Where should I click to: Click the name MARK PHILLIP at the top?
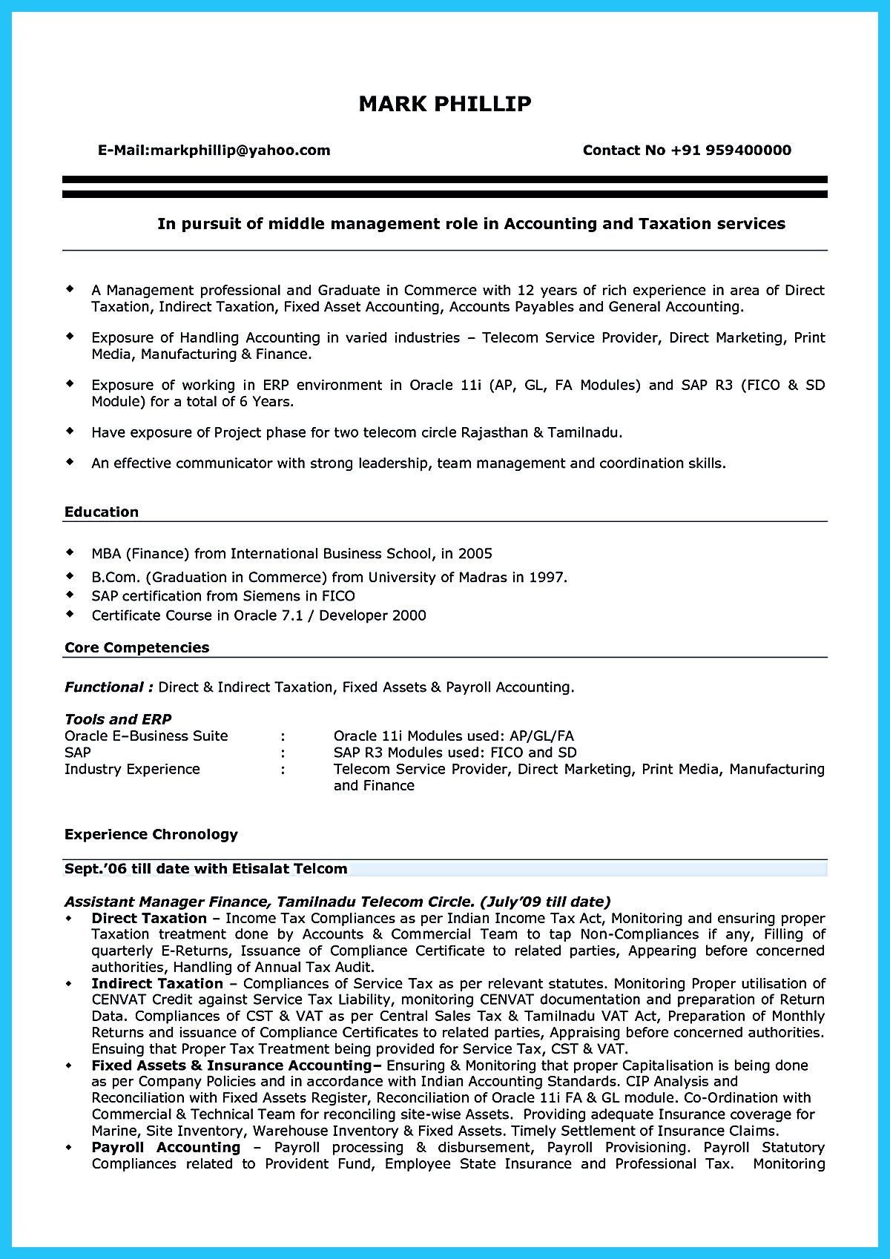pyautogui.click(x=445, y=104)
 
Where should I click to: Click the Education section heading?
pyautogui.click(x=102, y=512)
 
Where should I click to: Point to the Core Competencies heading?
pyautogui.click(x=136, y=648)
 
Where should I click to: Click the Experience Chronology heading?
pyautogui.click(x=151, y=835)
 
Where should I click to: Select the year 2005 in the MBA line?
pyautogui.click(x=475, y=554)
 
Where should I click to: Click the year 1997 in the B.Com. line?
pyautogui.click(x=547, y=577)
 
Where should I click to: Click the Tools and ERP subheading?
pyautogui.click(x=118, y=719)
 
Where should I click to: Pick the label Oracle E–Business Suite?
pyautogui.click(x=146, y=736)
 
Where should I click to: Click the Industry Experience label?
pyautogui.click(x=132, y=769)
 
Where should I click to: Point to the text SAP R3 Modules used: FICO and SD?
pyautogui.click(x=455, y=753)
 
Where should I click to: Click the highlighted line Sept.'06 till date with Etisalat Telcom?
pyautogui.click(x=205, y=868)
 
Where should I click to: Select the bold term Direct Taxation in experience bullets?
pyautogui.click(x=148, y=918)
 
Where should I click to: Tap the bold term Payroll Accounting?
pyautogui.click(x=165, y=1147)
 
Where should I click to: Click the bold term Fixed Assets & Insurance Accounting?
pyautogui.click(x=231, y=1065)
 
